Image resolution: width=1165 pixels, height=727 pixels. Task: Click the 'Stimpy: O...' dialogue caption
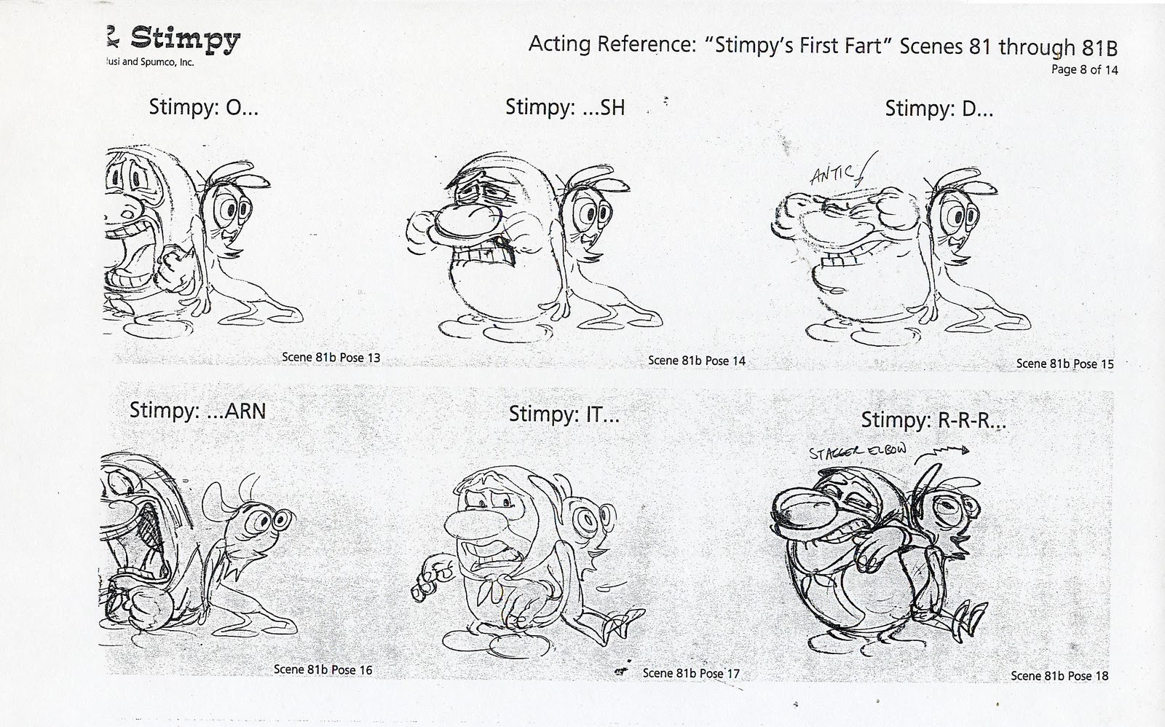(203, 108)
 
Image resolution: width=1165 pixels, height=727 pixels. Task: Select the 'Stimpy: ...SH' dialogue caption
(565, 108)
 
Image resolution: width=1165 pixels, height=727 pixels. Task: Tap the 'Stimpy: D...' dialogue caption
(939, 109)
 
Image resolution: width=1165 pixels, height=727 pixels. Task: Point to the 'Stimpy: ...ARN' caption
(197, 410)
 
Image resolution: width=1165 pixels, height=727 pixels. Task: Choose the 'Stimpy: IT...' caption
(564, 414)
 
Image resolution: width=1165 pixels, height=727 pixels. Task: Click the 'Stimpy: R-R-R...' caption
(933, 420)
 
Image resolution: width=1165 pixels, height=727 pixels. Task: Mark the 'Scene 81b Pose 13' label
(331, 358)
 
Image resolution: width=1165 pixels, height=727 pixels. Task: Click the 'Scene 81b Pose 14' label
(696, 361)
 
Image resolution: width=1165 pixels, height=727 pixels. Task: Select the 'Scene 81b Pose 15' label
(1065, 363)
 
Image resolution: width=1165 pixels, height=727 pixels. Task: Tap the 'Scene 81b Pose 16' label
(323, 669)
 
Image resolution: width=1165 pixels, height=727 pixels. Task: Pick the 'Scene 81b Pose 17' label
(690, 673)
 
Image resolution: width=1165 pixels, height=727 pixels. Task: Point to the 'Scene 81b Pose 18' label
(1059, 676)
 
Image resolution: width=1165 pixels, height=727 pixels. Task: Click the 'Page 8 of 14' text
(1084, 70)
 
